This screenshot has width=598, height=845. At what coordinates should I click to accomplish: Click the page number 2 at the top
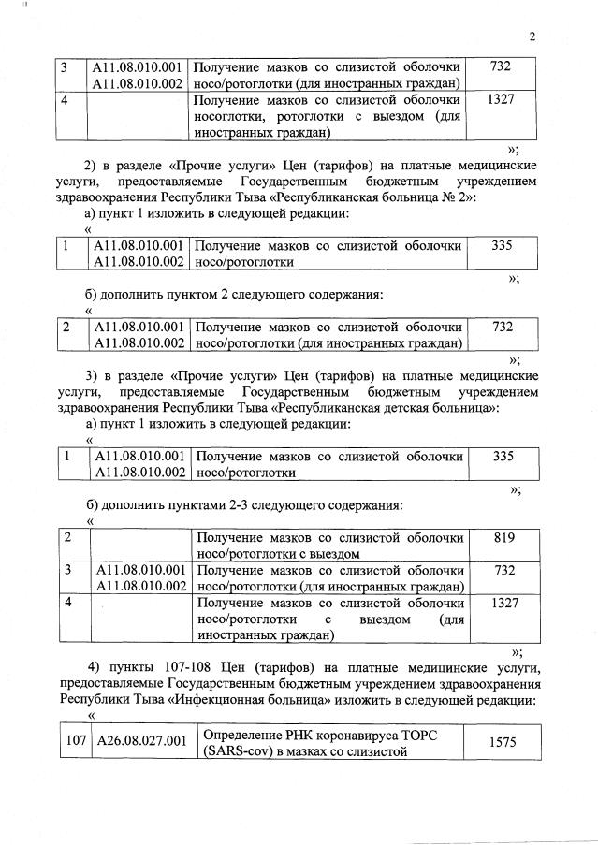(x=532, y=38)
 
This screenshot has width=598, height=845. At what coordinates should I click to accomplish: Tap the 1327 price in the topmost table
(x=502, y=99)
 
